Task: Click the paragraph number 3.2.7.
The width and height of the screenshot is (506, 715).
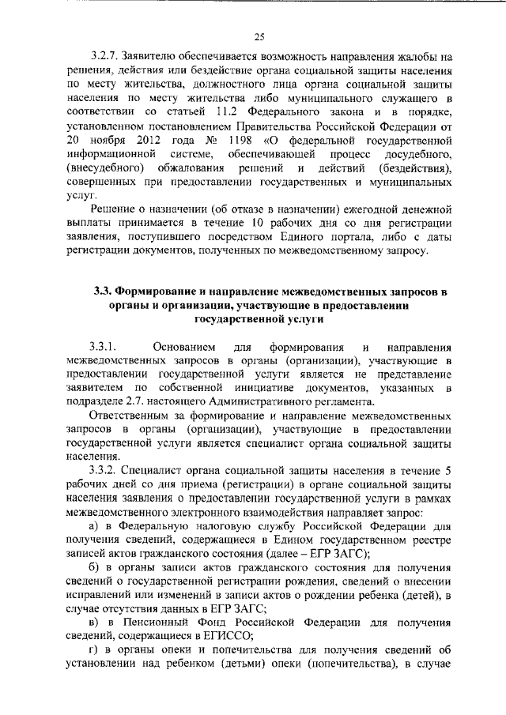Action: tap(104, 56)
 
